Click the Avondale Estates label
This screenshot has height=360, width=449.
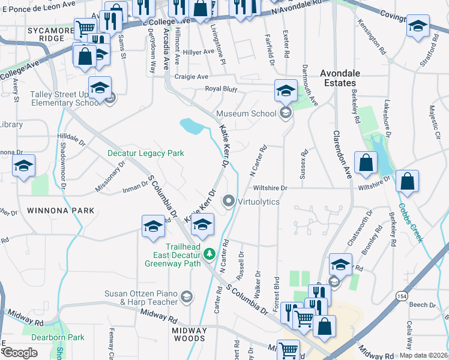click(340, 78)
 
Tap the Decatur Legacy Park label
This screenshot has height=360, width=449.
click(145, 154)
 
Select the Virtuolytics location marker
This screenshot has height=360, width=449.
click(228, 201)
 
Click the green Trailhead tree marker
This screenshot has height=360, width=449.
click(209, 254)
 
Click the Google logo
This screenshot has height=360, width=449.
click(20, 353)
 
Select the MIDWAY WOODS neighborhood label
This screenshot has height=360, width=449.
click(189, 334)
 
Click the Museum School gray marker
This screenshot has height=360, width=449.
click(286, 113)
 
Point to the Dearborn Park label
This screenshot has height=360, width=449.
click(59, 337)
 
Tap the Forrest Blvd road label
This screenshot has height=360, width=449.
click(277, 291)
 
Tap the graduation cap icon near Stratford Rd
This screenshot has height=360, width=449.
click(418, 28)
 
